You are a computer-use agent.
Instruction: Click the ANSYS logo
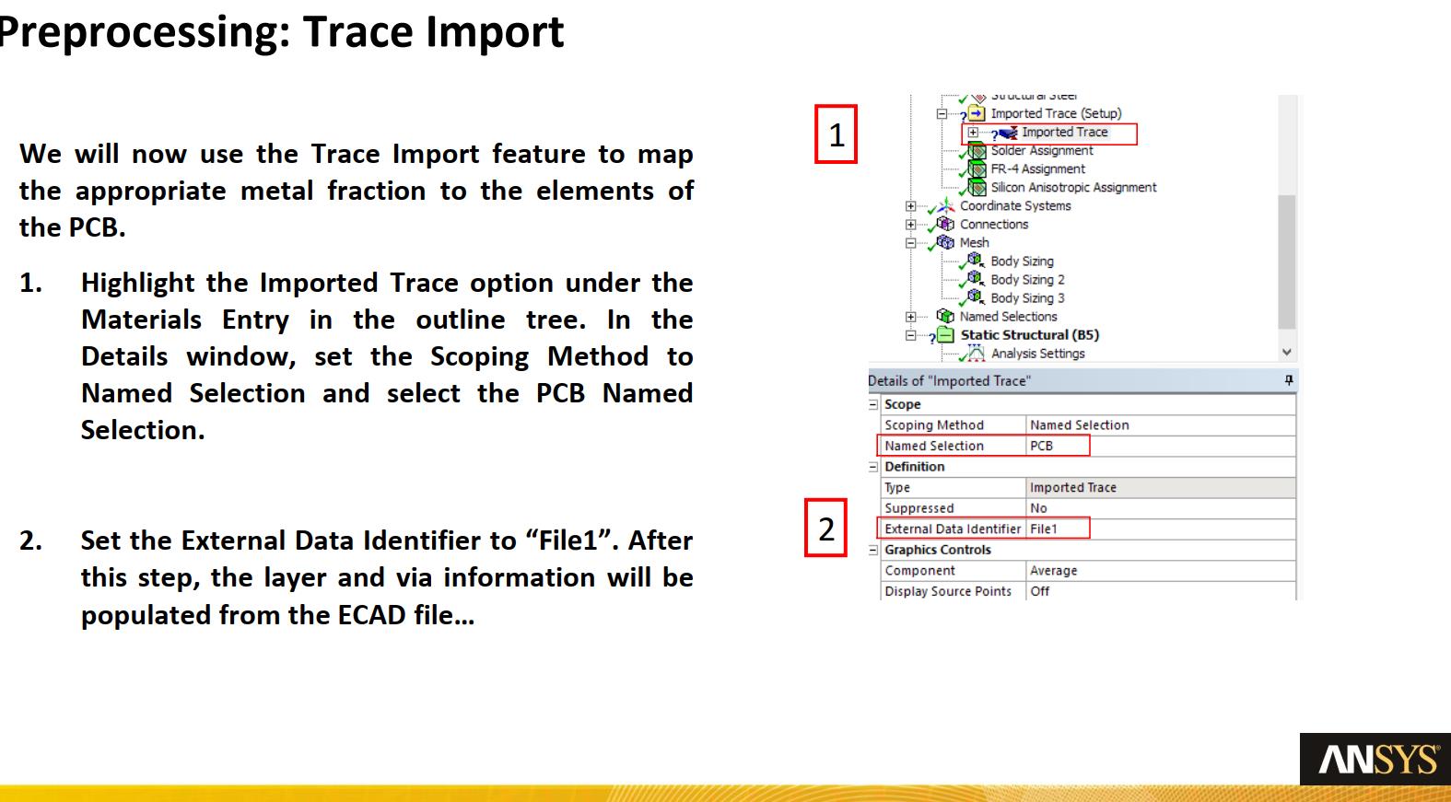coord(1375,759)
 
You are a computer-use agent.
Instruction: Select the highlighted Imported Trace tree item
coord(1064,132)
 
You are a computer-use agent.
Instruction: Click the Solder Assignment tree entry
coord(1042,151)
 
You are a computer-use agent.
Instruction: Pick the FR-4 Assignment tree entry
coord(1037,169)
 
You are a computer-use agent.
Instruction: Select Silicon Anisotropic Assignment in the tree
coord(1073,188)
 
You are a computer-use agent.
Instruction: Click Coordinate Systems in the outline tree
coord(1015,206)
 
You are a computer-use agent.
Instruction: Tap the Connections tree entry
coord(994,225)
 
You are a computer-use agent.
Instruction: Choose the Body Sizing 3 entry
coord(1027,298)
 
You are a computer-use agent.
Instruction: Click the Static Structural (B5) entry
coord(1029,335)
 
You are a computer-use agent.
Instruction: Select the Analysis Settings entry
coord(1037,354)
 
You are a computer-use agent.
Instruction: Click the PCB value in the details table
coord(1042,446)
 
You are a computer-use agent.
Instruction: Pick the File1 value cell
coord(1044,529)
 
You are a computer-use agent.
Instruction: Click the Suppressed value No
coord(1038,508)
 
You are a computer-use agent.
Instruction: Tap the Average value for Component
coord(1053,570)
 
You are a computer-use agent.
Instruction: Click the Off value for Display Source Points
coord(1040,591)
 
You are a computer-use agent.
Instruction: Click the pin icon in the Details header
coord(1289,380)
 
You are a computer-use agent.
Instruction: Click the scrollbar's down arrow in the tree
coord(1287,352)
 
